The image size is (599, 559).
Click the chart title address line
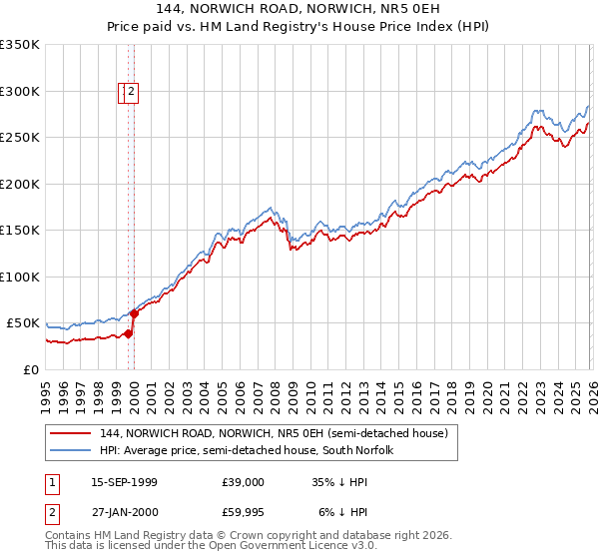(299, 8)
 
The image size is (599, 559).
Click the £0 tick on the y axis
(30, 369)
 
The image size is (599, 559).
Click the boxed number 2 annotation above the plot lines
(132, 93)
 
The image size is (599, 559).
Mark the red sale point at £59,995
(134, 313)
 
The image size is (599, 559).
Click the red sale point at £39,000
(128, 333)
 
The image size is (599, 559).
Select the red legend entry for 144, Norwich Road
(280, 433)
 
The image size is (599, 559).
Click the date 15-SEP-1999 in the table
(124, 482)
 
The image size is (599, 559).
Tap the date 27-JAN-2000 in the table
(124, 513)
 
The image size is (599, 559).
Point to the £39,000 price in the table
(244, 482)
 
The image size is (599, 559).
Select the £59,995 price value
(244, 513)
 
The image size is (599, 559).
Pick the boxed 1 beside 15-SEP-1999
(50, 482)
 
